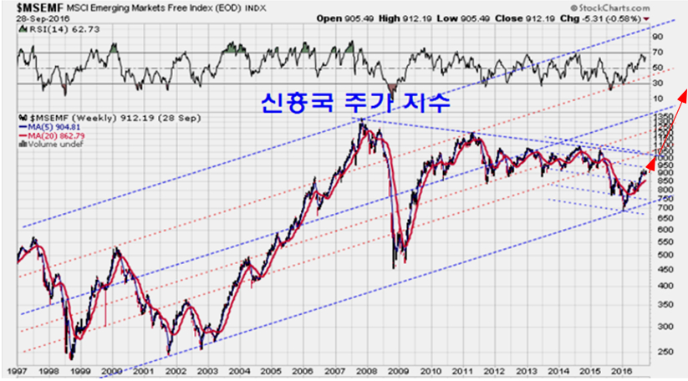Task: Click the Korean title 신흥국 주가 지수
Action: (355, 103)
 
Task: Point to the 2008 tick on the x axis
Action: (366, 369)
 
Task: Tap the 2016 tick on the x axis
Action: (619, 369)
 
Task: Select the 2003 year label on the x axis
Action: (207, 369)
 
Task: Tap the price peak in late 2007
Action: (362, 123)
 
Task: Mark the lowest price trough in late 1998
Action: (69, 358)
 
